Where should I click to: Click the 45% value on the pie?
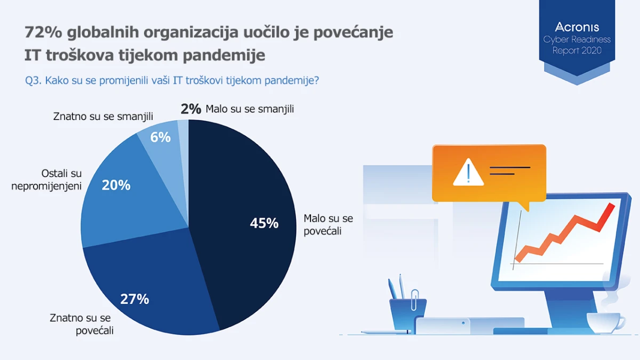[x=264, y=223]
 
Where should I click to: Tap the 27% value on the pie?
[x=134, y=299]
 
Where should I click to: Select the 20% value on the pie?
[x=116, y=185]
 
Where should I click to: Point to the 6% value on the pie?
[x=161, y=138]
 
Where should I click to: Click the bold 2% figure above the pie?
[x=191, y=109]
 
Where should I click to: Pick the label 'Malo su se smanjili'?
[x=250, y=109]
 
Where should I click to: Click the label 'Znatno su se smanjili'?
[x=103, y=116]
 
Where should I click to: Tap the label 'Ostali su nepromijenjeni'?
[x=46, y=180]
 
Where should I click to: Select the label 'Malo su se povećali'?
[x=329, y=225]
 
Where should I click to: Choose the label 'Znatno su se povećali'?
[x=82, y=324]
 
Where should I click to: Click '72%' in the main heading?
[x=43, y=31]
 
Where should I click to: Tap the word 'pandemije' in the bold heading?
[x=224, y=54]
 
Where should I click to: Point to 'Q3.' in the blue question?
[x=34, y=81]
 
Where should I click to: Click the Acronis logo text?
[x=577, y=27]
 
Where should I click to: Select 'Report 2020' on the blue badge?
[x=577, y=51]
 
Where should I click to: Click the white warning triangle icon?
[x=468, y=172]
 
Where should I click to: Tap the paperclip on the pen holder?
[x=414, y=300]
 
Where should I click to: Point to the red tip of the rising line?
[x=611, y=206]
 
